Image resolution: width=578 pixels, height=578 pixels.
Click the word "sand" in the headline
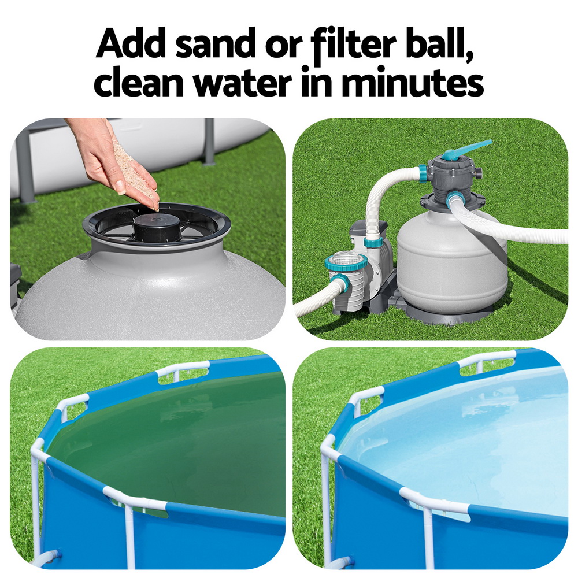215,43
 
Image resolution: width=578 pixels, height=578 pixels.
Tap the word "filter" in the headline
353,43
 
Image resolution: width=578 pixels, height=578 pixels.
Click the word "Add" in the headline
131,43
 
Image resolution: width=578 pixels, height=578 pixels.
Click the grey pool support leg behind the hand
209,142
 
